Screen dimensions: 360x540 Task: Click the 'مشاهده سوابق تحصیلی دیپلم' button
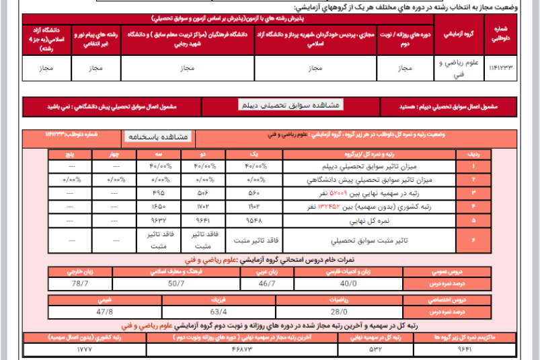291,105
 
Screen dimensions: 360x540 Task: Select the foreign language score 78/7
80,283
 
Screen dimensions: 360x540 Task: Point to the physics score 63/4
219,312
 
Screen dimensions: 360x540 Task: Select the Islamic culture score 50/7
177,283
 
